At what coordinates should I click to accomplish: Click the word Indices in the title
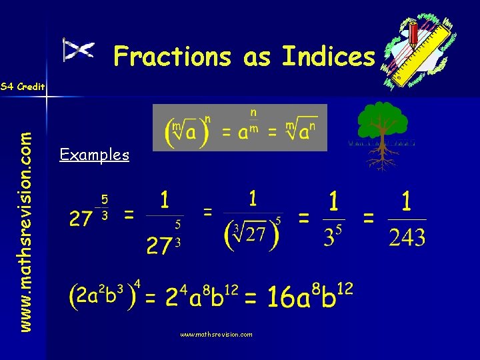329,57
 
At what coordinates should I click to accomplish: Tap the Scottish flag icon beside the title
78,50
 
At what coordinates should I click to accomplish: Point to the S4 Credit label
23,87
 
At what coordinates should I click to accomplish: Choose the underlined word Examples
94,155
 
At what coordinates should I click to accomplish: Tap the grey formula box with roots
240,127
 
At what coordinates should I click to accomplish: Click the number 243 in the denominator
406,237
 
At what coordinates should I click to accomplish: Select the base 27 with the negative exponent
81,219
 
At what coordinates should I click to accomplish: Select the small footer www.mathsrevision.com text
216,335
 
